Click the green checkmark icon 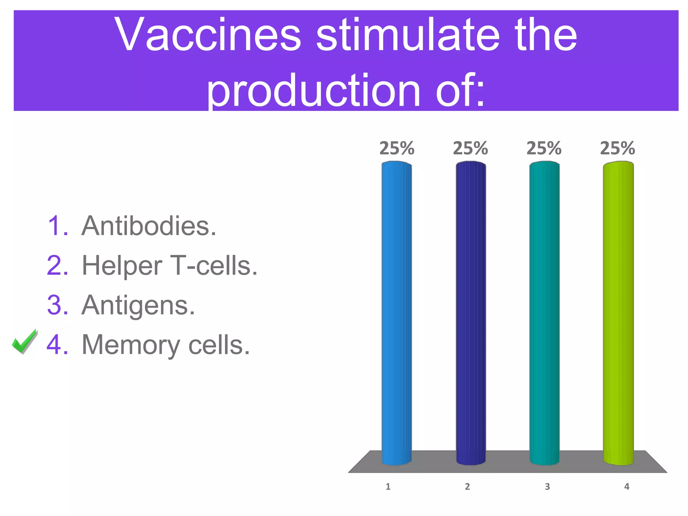[x=24, y=341]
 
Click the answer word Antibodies [x=149, y=226]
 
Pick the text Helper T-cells [x=170, y=265]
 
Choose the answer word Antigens [x=138, y=305]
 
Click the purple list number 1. [x=58, y=226]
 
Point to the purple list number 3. [x=58, y=305]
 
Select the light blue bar [x=397, y=312]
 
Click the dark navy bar [x=471, y=312]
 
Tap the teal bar [x=544, y=312]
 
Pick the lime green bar [x=618, y=312]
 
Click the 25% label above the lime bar [x=617, y=148]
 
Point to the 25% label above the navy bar [x=470, y=148]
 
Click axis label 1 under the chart [x=388, y=486]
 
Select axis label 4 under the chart [x=627, y=486]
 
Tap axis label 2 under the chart [x=467, y=486]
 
